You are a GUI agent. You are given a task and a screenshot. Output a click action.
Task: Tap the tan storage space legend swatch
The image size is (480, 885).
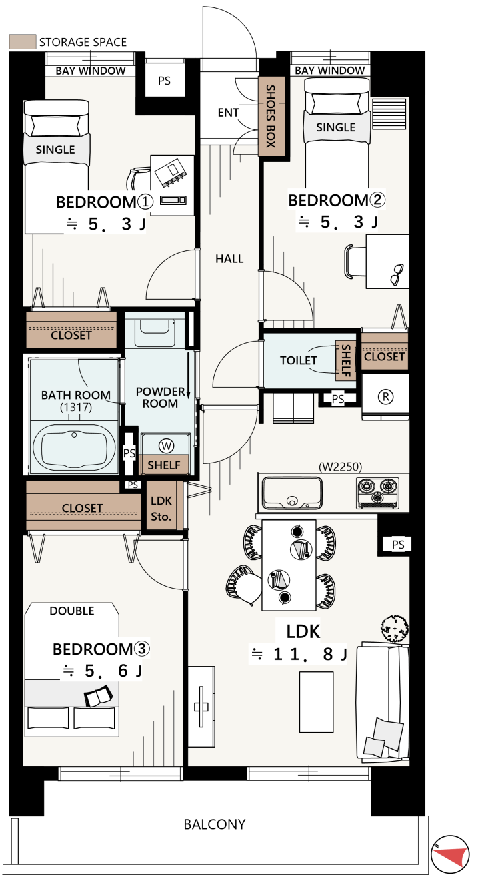tap(23, 42)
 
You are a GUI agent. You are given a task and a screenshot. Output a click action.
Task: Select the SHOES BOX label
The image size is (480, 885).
tap(271, 116)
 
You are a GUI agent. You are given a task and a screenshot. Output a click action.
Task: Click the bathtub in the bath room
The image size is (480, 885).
tap(74, 446)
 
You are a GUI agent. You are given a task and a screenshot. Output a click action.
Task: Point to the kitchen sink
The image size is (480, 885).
tap(292, 493)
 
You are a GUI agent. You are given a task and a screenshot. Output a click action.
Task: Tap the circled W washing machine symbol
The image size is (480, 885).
tap(167, 446)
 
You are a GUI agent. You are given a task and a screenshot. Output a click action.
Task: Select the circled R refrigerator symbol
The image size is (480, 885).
tap(386, 396)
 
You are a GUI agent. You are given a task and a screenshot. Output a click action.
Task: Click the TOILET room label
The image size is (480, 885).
tap(299, 360)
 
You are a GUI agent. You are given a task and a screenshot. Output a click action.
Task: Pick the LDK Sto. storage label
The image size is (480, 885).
tap(161, 509)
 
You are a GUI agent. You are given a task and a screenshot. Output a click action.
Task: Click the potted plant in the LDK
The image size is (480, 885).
tap(395, 628)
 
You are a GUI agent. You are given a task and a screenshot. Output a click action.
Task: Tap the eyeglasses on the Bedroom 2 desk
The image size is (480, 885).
tap(397, 274)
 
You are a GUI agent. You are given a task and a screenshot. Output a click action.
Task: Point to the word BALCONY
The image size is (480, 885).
tap(215, 824)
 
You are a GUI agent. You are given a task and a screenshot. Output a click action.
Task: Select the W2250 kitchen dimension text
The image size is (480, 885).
tap(341, 467)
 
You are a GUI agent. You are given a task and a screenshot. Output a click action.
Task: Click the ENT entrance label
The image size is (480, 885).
tap(228, 113)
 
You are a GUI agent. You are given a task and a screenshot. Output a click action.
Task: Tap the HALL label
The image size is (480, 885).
tap(229, 259)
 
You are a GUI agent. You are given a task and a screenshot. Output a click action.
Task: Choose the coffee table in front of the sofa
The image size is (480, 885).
tap(316, 701)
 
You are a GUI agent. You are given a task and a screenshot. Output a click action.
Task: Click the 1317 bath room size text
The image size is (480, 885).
tap(76, 407)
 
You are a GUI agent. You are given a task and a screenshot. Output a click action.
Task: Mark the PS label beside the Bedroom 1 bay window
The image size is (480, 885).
tap(165, 81)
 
